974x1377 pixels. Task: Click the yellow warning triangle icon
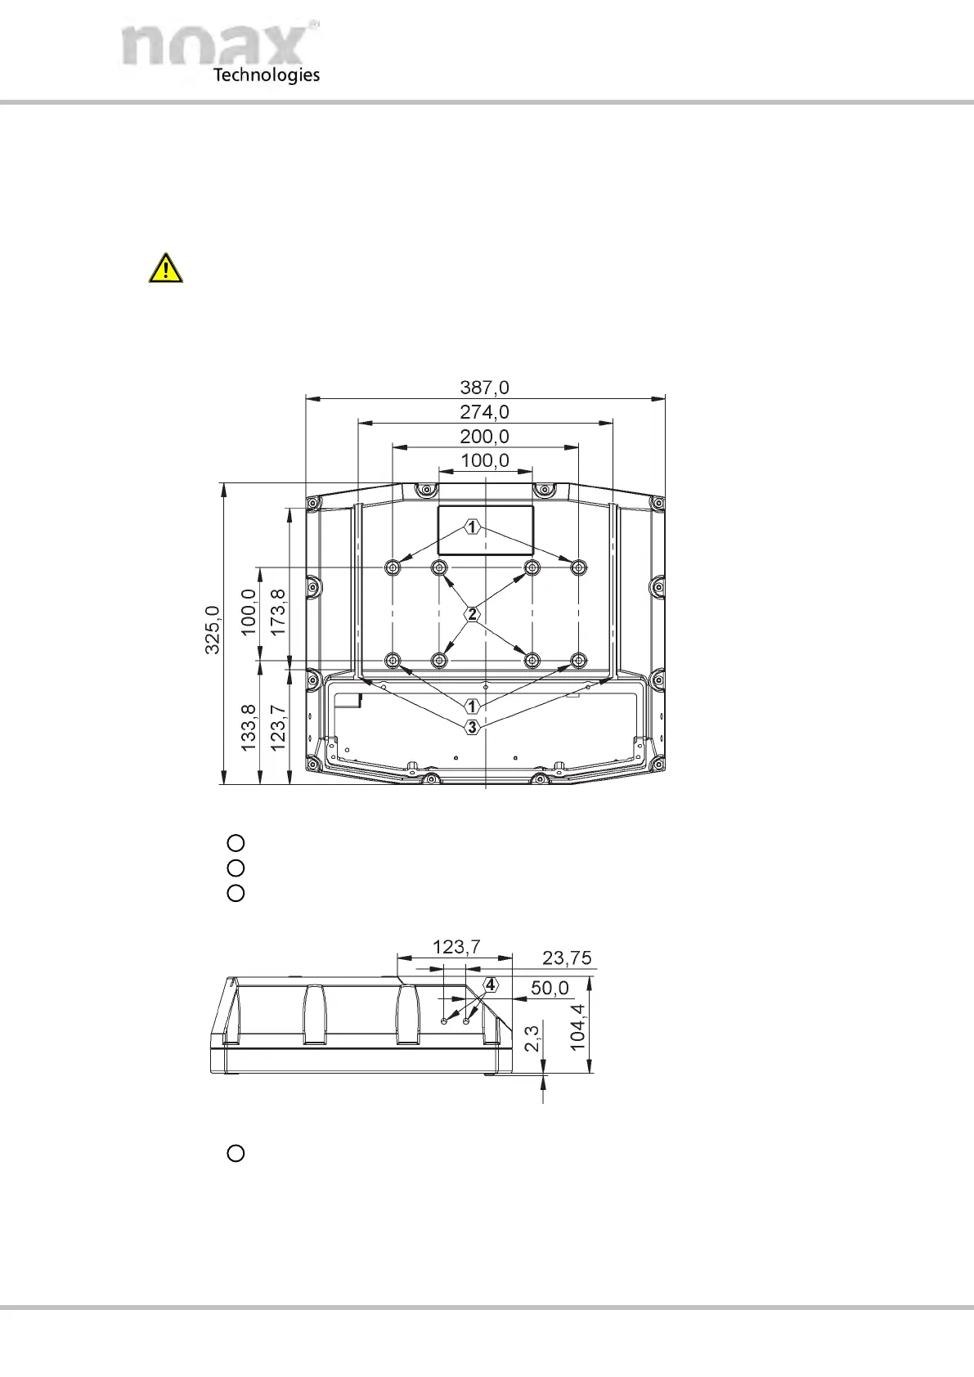pyautogui.click(x=165, y=269)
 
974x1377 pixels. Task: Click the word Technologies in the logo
pyautogui.click(x=267, y=75)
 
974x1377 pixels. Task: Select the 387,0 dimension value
pyautogui.click(x=484, y=388)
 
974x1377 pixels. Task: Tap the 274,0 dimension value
pyautogui.click(x=484, y=411)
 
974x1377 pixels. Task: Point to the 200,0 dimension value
pyautogui.click(x=484, y=436)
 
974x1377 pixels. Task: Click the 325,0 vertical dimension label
pyautogui.click(x=212, y=630)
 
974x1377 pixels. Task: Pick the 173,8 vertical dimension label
pyautogui.click(x=278, y=612)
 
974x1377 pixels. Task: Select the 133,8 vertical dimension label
pyautogui.click(x=249, y=727)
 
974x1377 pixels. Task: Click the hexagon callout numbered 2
pyautogui.click(x=472, y=613)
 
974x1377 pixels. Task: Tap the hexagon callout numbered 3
pyautogui.click(x=472, y=727)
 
